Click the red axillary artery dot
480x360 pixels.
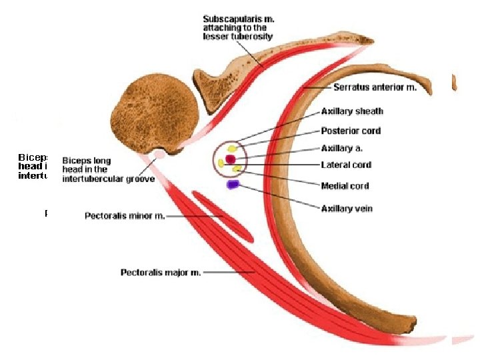231,159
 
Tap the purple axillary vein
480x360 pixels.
233,184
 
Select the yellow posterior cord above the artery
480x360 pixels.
232,148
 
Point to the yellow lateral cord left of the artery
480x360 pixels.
221,163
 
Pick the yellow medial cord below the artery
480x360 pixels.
237,169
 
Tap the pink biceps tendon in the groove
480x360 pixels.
160,155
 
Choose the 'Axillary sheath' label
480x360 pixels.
352,111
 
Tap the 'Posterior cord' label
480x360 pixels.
351,131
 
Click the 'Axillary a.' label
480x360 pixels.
341,148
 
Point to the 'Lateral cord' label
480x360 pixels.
346,165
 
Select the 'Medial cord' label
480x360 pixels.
345,186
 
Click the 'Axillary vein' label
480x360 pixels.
347,209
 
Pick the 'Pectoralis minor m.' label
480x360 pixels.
125,216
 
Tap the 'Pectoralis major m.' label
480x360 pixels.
161,272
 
